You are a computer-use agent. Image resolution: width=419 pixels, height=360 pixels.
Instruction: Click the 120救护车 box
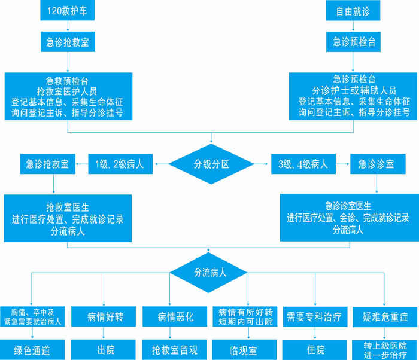pos(68,10)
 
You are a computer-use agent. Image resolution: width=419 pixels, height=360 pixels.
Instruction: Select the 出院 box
pos(104,349)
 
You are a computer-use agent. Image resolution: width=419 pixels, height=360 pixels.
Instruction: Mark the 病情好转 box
pos(104,316)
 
